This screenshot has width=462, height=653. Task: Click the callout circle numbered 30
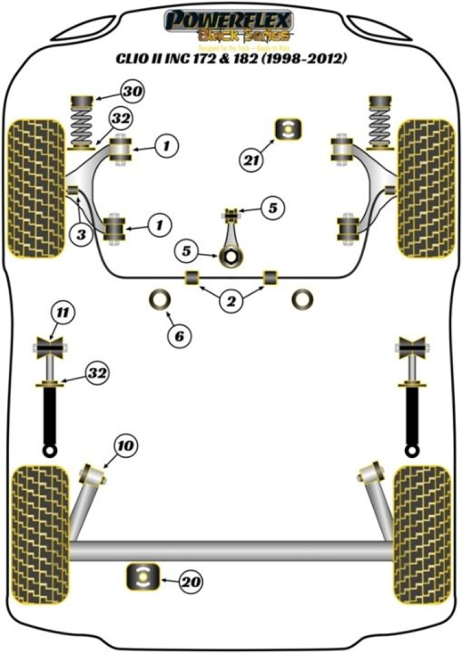133,92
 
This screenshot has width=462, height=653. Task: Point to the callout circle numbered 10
126,444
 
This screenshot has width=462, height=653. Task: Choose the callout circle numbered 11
62,313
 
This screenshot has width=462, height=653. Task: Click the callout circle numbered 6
180,334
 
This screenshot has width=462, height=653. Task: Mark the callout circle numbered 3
81,235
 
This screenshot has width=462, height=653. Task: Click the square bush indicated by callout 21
288,129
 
